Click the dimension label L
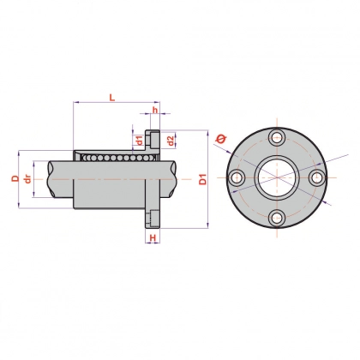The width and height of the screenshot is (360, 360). pyautogui.click(x=112, y=98)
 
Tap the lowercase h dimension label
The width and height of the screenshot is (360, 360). pyautogui.click(x=155, y=110)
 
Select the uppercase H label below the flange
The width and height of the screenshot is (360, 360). pyautogui.click(x=153, y=237)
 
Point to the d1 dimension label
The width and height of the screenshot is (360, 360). pyautogui.click(x=139, y=141)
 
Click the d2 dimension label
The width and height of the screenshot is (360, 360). pyautogui.click(x=171, y=141)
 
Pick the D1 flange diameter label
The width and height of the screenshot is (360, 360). pyautogui.click(x=202, y=179)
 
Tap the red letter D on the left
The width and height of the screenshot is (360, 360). pyautogui.click(x=15, y=179)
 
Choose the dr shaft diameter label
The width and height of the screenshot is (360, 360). pyautogui.click(x=27, y=179)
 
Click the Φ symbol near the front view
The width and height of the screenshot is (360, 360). pyautogui.click(x=221, y=139)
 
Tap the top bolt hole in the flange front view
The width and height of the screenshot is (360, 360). pyautogui.click(x=277, y=137)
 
